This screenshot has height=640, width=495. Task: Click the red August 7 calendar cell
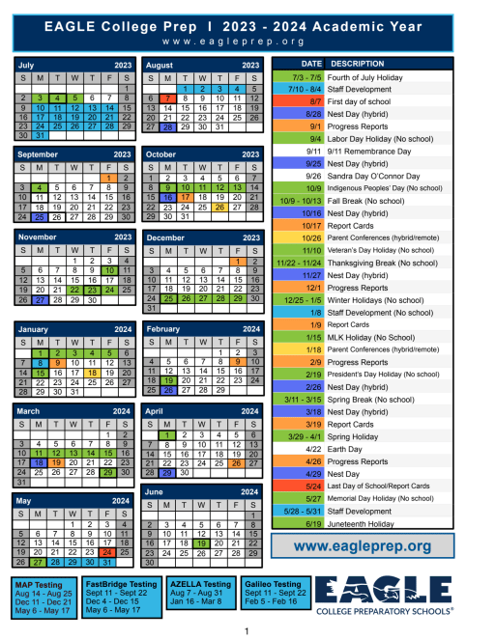pos(168,98)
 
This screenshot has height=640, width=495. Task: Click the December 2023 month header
pos(202,237)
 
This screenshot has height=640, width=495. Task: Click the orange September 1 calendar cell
pos(106,178)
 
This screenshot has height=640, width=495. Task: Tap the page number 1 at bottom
pos(247,630)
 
